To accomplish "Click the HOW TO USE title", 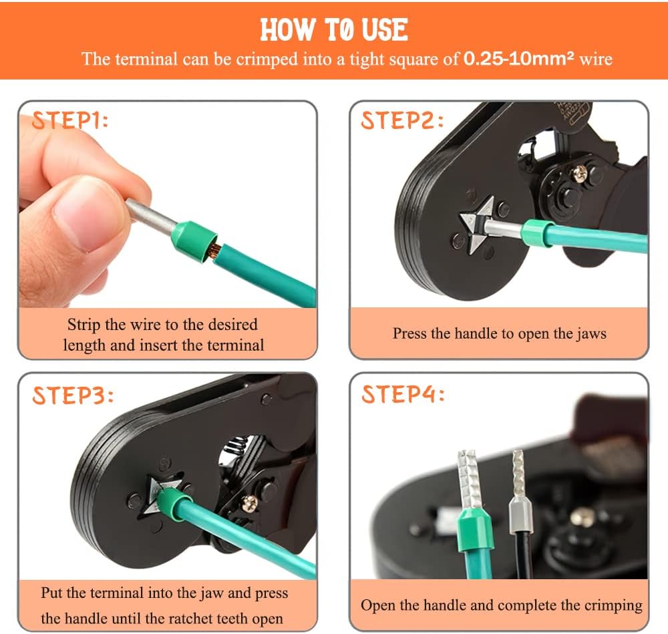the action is coord(334,30).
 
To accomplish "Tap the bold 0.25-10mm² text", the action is coord(518,58).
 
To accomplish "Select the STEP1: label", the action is coord(70,120).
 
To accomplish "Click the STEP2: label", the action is coord(402,120).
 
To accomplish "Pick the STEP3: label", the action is coord(73,395).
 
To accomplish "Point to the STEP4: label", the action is coord(403,394).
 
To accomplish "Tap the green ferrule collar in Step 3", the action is coord(173,504).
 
